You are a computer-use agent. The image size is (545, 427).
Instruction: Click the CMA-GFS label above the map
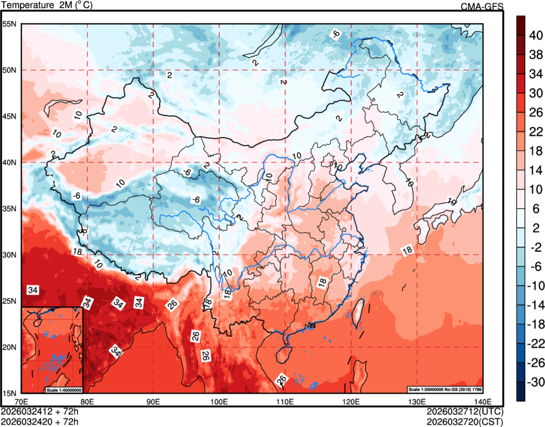pyautogui.click(x=482, y=6)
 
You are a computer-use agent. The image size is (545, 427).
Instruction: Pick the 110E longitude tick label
pyautogui.click(x=285, y=401)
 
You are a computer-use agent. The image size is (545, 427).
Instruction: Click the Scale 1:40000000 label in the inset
pyautogui.click(x=63, y=390)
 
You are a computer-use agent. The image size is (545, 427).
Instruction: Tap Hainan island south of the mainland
pyautogui.click(x=285, y=349)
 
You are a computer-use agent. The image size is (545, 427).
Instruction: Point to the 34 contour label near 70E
pyautogui.click(x=33, y=290)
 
